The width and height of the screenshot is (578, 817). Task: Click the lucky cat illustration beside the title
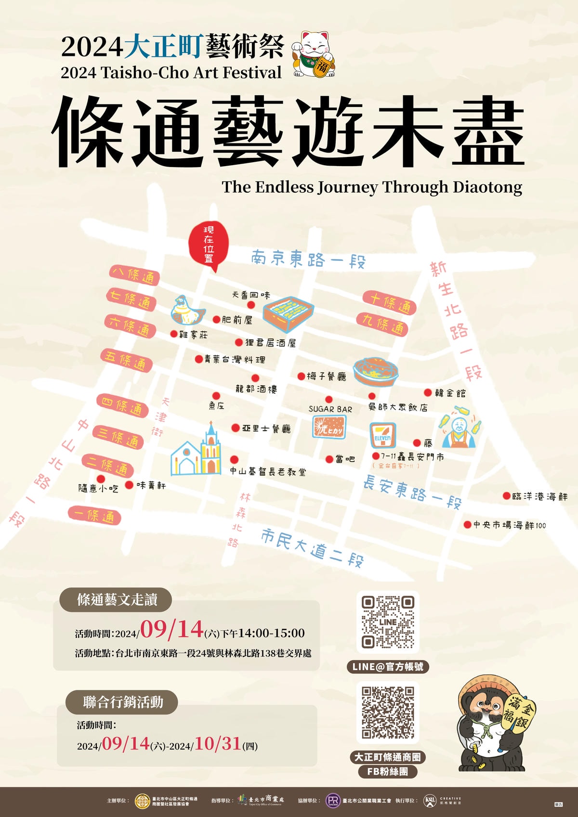314,54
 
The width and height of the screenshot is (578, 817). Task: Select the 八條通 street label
134,275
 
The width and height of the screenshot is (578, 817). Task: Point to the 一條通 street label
94,516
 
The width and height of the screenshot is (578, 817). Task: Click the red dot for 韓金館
428,393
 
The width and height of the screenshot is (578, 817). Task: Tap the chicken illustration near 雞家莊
187,310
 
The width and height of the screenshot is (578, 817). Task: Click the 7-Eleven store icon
383,435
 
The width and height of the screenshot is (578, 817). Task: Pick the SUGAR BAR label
330,409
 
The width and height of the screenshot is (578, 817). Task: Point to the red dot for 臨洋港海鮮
506,495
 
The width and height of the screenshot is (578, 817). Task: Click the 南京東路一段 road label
308,260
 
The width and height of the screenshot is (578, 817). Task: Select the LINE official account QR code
388,622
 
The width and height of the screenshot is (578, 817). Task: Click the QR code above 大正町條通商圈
388,713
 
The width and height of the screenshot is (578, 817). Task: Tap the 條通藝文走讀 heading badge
116,599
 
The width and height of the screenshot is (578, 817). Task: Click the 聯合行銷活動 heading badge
123,702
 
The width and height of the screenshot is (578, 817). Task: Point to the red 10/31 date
218,743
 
